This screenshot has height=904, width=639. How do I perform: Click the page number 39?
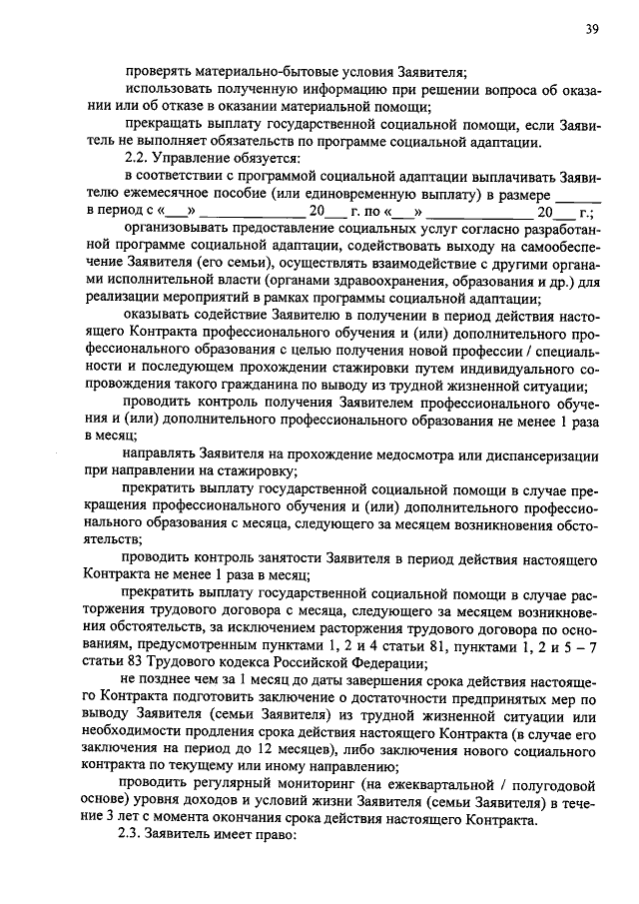tap(592, 29)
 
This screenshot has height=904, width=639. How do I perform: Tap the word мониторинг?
tap(305, 787)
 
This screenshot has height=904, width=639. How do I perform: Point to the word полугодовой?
tap(554, 787)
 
